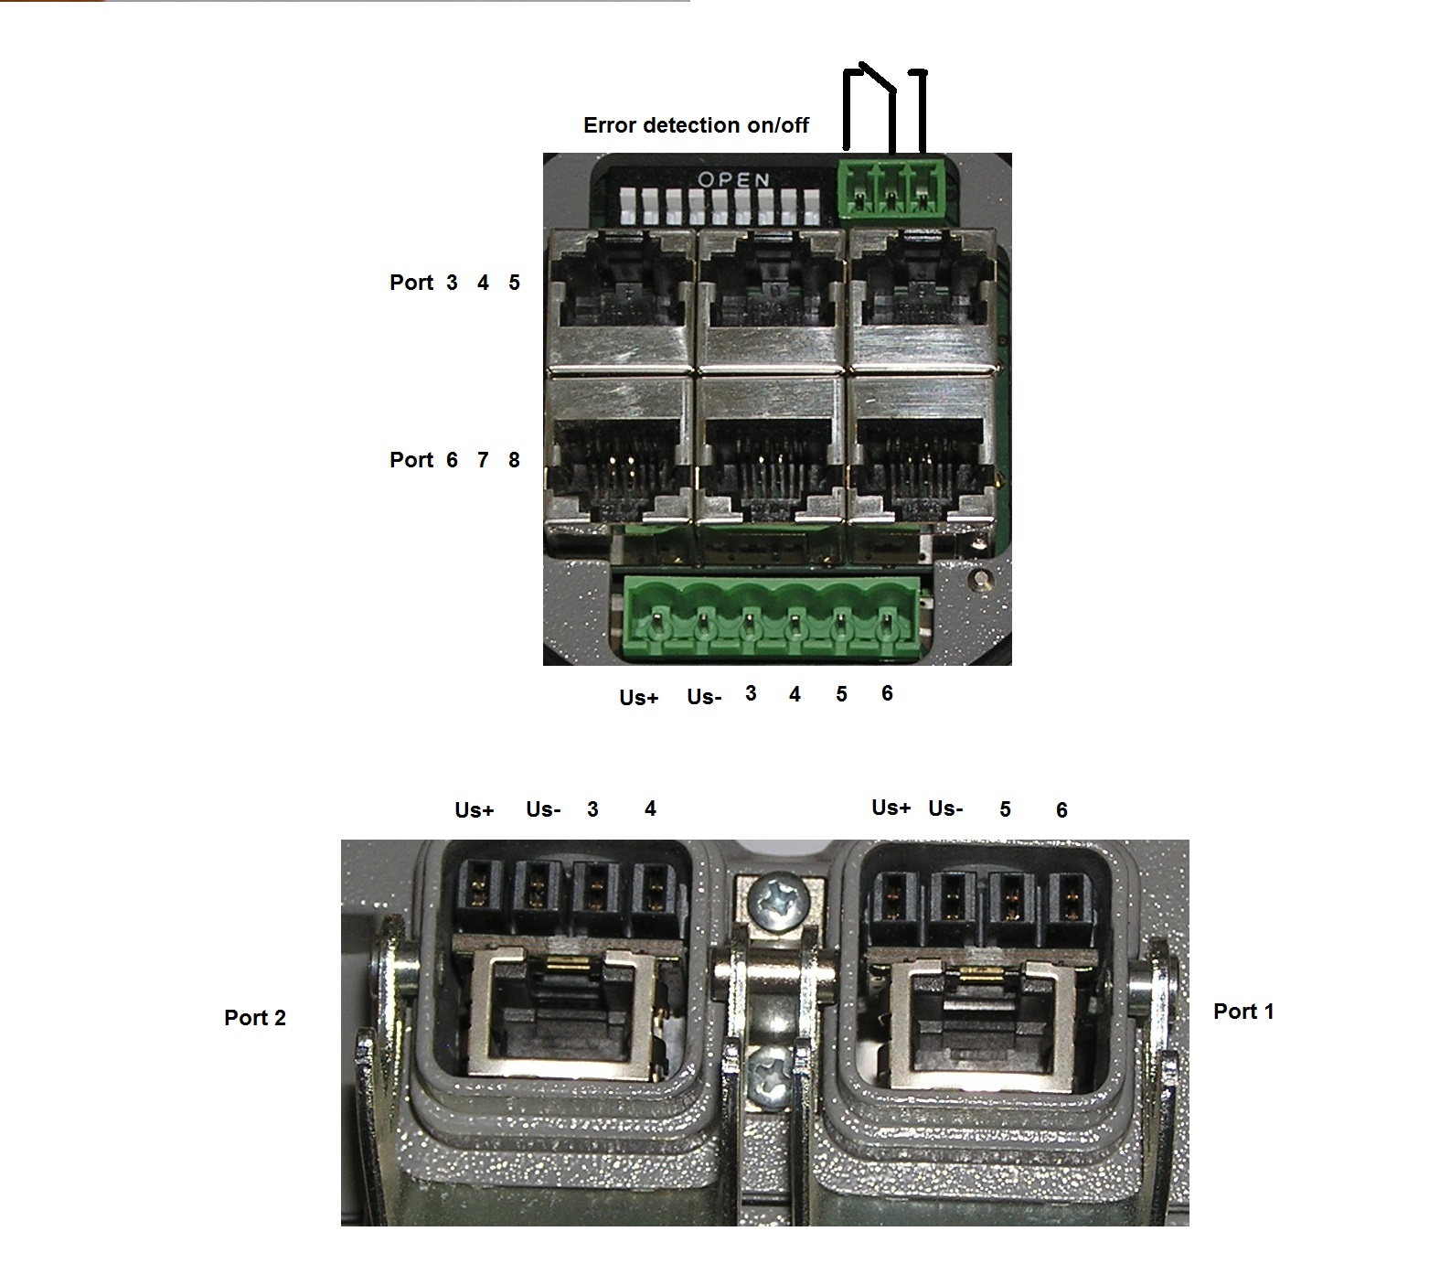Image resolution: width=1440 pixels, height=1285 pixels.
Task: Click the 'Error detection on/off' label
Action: pos(696,125)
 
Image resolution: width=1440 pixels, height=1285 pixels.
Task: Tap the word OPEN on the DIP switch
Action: pos(734,180)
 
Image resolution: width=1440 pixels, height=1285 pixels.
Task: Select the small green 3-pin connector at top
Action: pos(892,191)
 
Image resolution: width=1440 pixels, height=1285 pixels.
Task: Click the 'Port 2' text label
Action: pos(255,1018)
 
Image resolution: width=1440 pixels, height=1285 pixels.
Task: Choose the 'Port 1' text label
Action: pos(1243,1012)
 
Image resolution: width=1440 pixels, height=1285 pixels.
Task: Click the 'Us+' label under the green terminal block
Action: pos(638,698)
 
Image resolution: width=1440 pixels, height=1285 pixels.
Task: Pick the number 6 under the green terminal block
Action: pos(887,693)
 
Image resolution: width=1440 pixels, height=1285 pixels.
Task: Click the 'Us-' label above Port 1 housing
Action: pos(945,808)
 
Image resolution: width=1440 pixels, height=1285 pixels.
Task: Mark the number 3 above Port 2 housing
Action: pos(592,809)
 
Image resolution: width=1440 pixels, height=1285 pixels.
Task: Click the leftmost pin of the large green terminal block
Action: pos(656,627)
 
